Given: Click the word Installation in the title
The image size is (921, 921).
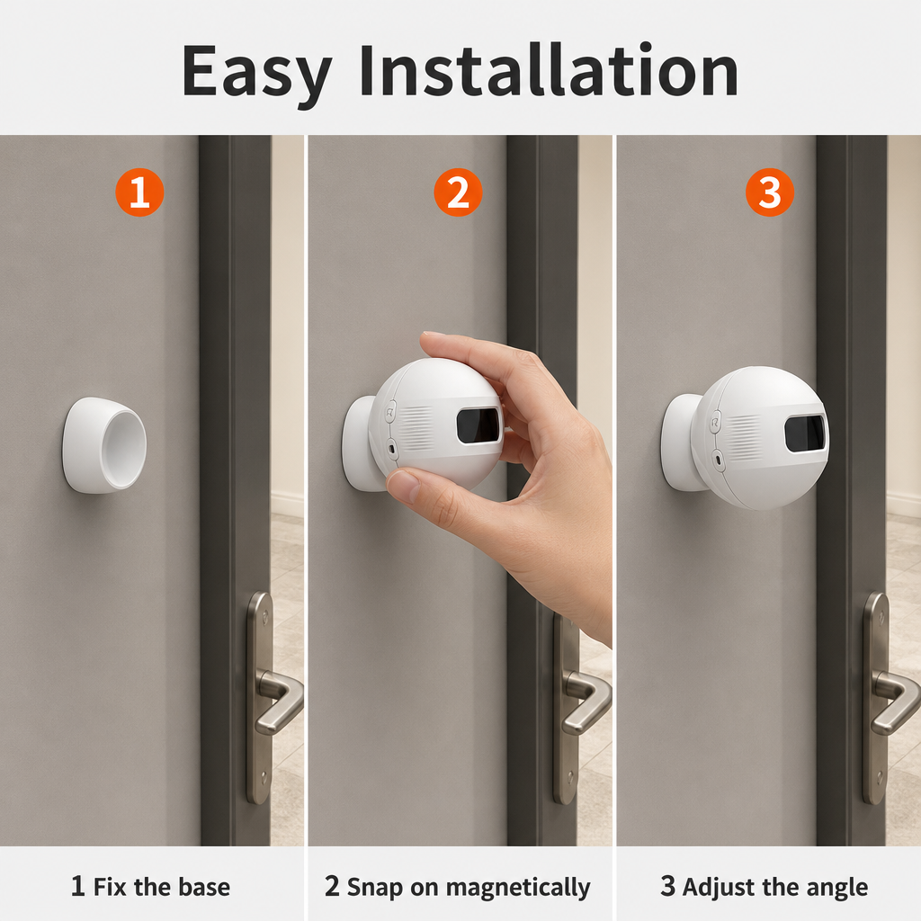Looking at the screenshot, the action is click(x=549, y=69).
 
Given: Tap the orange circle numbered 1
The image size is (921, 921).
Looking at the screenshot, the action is click(x=139, y=192).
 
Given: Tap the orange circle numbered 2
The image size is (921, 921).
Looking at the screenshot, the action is click(x=458, y=192).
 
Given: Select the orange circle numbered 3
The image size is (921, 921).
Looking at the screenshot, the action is click(x=770, y=192).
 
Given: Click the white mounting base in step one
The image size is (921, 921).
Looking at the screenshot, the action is click(x=104, y=445).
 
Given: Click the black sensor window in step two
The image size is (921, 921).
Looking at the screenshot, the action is click(x=478, y=425).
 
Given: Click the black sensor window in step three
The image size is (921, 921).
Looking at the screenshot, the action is click(x=805, y=434).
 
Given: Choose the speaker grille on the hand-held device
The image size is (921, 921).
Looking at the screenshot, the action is click(x=416, y=428).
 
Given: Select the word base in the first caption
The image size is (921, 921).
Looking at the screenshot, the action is click(x=204, y=887).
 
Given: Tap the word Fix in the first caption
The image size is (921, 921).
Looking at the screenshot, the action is click(x=110, y=887).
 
